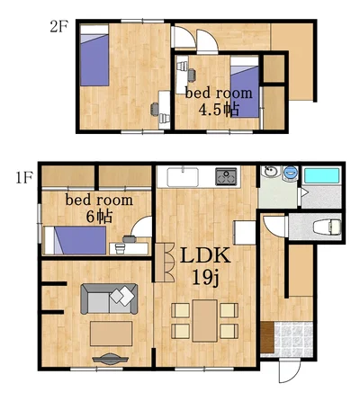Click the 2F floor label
click(x=59, y=27)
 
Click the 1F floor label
click(x=24, y=179)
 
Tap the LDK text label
click(x=205, y=255)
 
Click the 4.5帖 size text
click(x=219, y=110)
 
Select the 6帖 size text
click(x=99, y=217)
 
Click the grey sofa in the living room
click(x=109, y=299)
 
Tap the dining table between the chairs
click(x=205, y=321)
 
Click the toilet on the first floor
click(x=328, y=227)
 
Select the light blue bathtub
click(x=321, y=175)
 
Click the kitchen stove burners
click(x=226, y=176)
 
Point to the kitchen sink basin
click(x=183, y=177)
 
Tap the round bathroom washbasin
click(x=270, y=172)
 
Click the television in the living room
click(x=111, y=359)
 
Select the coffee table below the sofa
click(x=112, y=334)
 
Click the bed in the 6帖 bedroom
click(x=76, y=240)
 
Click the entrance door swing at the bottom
click(x=288, y=372)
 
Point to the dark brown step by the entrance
click(x=267, y=337)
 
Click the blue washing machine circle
click(x=291, y=173)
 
